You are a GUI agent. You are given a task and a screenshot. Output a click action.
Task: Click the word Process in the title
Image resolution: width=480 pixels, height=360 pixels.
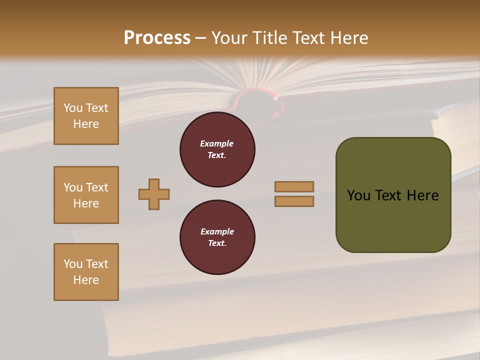pos(157,38)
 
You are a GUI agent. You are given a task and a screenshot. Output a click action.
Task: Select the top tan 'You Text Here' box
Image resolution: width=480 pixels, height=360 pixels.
pos(86,116)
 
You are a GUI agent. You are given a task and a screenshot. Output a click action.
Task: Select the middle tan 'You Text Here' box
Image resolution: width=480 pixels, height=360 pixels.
pos(86,195)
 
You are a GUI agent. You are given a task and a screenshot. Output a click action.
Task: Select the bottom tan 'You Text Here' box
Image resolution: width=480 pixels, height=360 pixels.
pos(86,272)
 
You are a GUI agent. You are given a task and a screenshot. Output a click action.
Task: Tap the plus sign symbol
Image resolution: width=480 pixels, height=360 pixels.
pos(154,194)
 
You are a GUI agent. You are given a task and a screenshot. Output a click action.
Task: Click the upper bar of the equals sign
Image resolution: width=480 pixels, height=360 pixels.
pos(294,186)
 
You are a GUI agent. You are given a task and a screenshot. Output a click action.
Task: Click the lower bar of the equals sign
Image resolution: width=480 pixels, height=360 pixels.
pos(294,201)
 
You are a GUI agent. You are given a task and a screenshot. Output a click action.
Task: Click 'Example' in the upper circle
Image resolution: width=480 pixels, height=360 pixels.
pos(217,143)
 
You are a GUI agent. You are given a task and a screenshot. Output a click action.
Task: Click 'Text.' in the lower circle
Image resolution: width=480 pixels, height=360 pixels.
pos(217,243)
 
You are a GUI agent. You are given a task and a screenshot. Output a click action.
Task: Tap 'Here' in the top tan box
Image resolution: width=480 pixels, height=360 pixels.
pos(86,124)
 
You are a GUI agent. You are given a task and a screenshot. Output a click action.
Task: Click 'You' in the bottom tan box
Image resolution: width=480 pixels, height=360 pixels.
pos(72,264)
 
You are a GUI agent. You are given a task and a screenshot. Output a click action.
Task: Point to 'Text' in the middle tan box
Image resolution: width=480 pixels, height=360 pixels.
pos(97,187)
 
